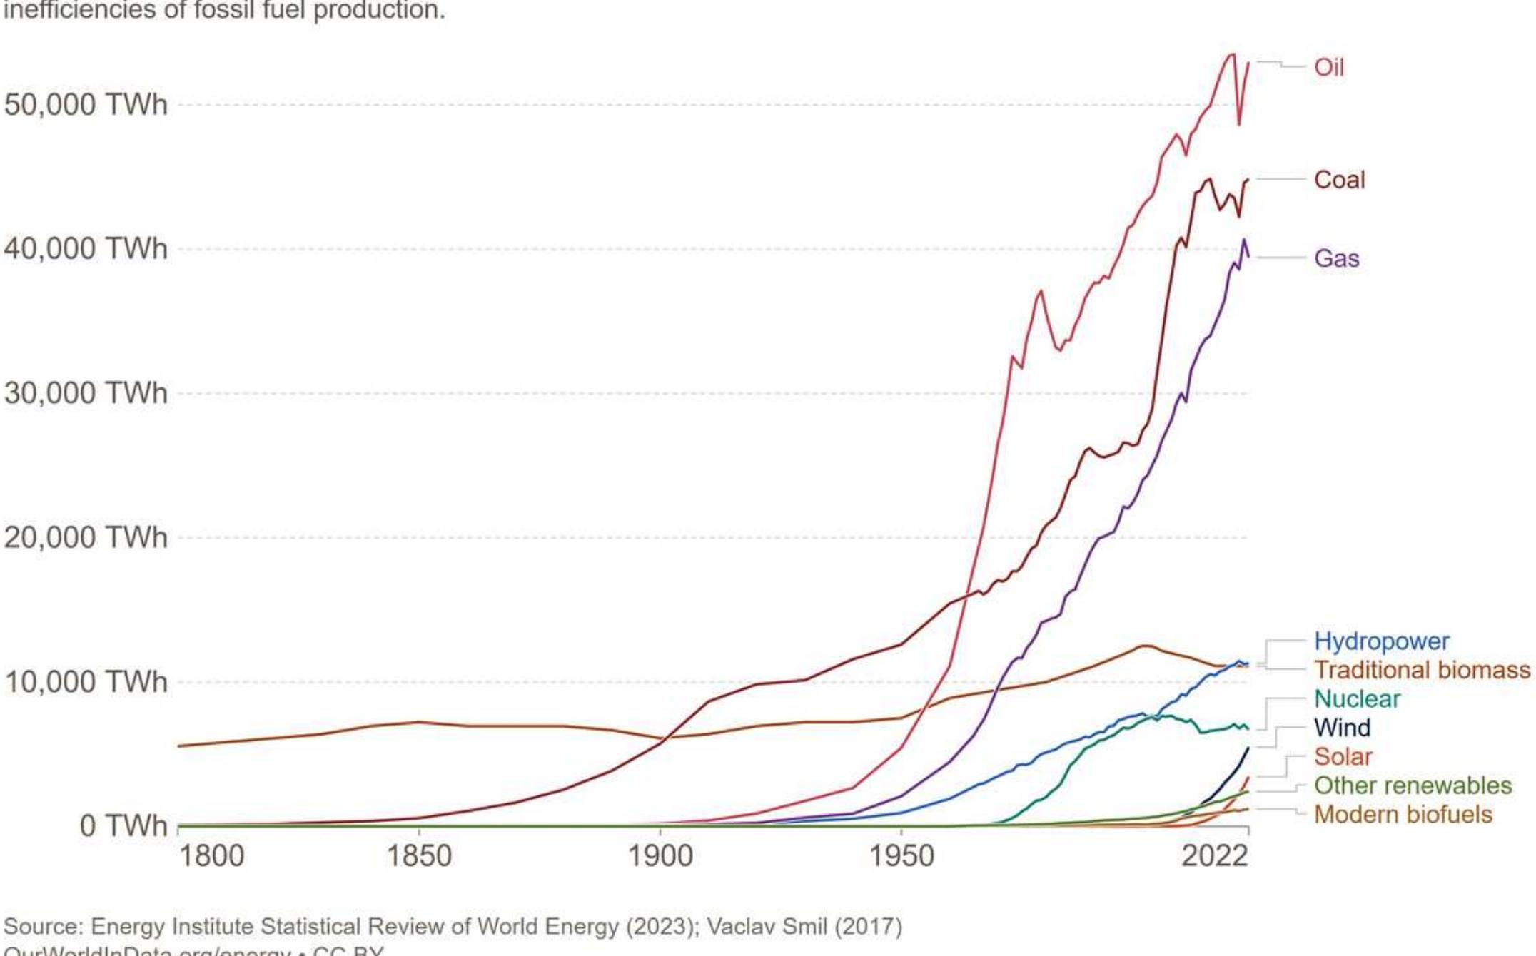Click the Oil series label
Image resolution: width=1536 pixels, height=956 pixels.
1328,67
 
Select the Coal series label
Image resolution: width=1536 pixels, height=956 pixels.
1339,179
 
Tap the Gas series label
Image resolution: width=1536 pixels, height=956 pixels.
1336,258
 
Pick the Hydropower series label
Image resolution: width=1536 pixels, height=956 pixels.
1381,641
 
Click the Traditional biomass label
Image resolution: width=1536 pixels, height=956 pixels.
1422,670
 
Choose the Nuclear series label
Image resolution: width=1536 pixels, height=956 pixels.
1357,698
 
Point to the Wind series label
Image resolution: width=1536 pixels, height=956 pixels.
1342,728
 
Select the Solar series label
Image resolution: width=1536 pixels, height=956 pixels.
1343,756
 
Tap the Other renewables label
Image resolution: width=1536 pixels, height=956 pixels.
1413,785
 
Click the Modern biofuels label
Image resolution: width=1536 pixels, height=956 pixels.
1403,814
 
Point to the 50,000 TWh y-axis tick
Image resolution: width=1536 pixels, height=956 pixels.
86,105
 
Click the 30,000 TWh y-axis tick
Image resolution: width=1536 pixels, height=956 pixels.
86,393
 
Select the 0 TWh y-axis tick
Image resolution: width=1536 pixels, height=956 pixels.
123,825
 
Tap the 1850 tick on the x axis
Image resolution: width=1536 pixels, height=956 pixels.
419,855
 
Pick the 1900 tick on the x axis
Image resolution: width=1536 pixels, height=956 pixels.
660,855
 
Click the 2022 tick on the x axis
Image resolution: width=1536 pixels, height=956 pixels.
1215,855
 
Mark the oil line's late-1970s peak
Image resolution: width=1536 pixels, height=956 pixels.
1041,291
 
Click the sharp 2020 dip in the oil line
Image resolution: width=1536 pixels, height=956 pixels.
1239,125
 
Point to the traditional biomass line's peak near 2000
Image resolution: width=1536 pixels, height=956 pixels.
1144,646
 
